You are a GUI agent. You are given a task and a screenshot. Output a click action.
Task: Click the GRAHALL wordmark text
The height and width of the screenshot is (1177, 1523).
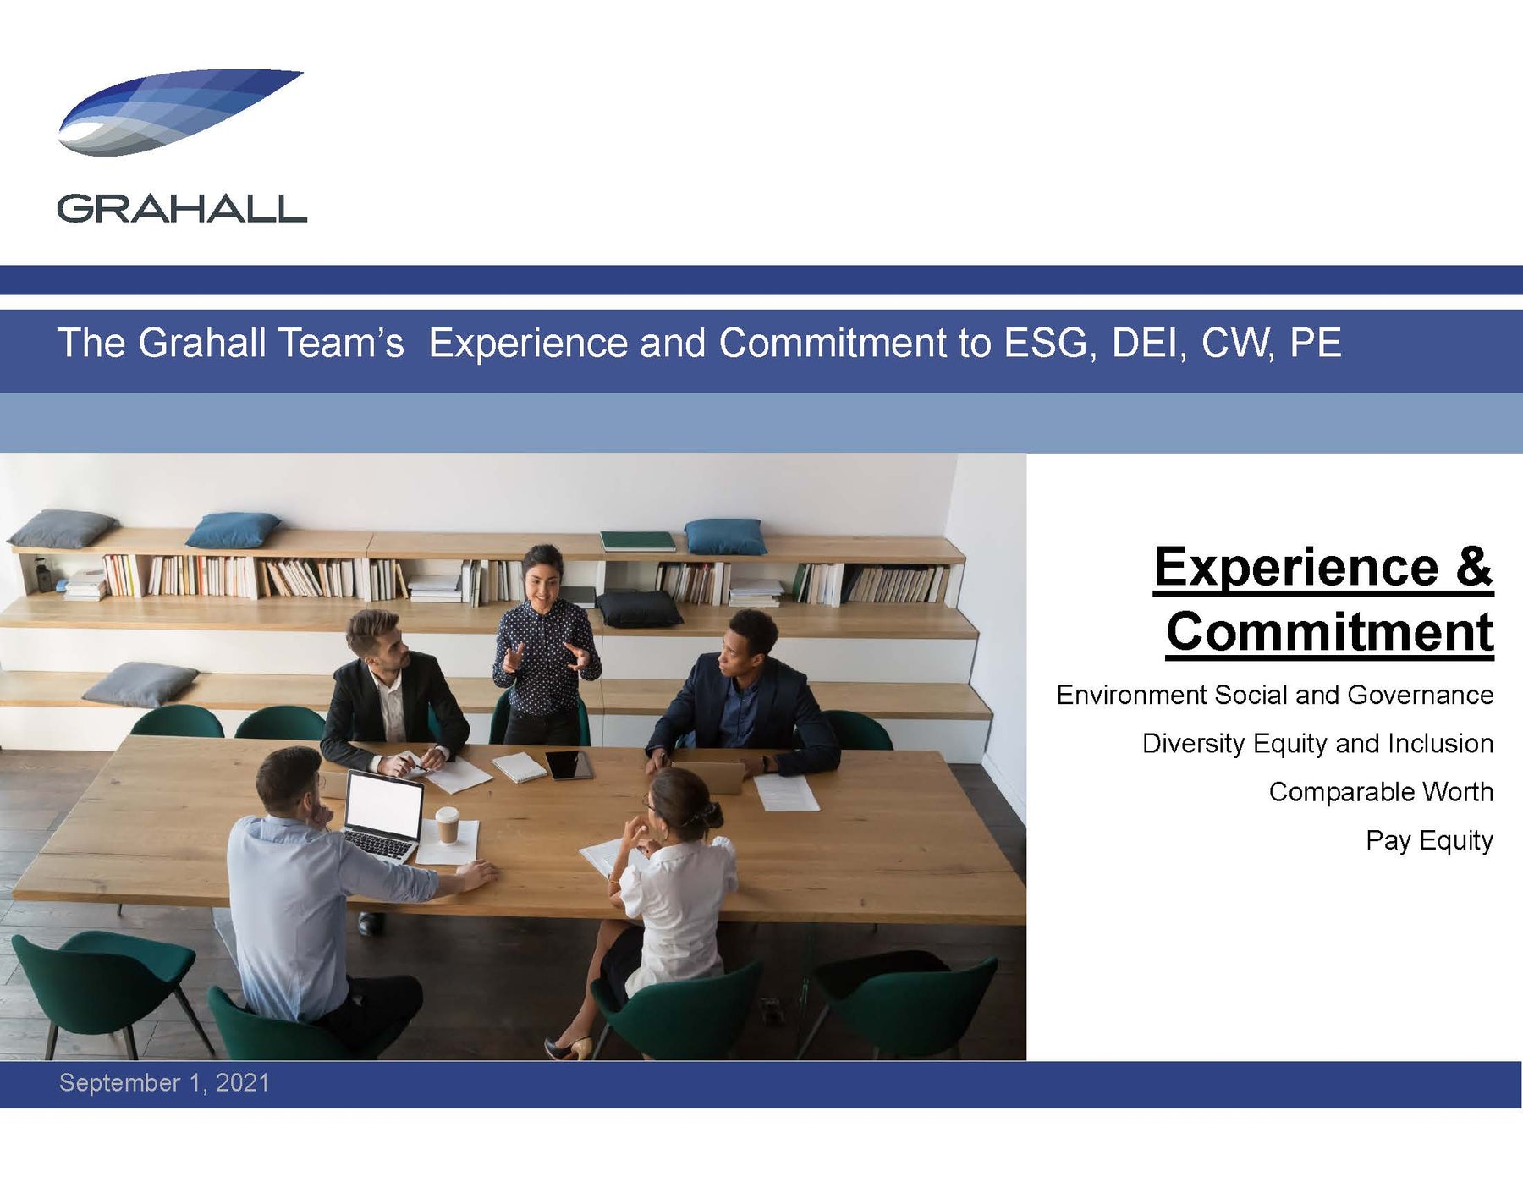(182, 209)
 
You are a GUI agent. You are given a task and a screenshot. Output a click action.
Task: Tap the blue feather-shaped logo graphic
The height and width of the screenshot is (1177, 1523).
(179, 113)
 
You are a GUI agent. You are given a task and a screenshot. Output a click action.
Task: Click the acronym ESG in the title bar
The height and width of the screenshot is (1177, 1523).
(1046, 343)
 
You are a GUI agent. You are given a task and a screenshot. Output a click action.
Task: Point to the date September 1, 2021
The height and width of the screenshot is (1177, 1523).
(164, 1083)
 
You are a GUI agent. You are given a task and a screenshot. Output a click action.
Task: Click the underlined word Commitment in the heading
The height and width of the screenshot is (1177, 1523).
(1329, 631)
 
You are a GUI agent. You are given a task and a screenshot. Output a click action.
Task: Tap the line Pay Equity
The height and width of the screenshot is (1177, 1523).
(1429, 840)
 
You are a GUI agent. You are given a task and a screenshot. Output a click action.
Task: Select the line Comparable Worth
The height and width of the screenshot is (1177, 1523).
(1381, 792)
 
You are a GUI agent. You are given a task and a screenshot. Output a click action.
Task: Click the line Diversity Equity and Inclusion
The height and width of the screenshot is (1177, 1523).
(1317, 744)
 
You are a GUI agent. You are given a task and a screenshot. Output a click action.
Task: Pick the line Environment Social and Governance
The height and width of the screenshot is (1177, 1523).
(1275, 695)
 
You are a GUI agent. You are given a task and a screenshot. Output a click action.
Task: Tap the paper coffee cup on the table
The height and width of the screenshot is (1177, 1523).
(447, 825)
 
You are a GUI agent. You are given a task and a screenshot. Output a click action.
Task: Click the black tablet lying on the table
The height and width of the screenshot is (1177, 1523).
(569, 765)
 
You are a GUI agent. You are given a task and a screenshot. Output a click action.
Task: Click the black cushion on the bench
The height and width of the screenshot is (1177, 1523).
(639, 609)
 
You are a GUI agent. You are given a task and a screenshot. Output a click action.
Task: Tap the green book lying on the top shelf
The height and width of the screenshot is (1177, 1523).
(637, 541)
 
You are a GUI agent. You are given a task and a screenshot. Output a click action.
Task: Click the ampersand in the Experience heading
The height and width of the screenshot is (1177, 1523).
(1474, 567)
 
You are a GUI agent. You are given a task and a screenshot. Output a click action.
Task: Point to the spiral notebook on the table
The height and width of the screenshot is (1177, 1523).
(519, 767)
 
